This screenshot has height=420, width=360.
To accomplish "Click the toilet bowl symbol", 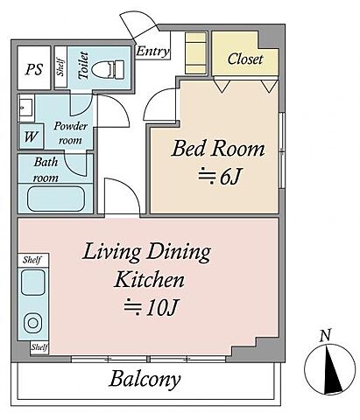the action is [108, 69].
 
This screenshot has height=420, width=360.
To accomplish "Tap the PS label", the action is [34, 69].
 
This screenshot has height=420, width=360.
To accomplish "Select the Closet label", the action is [244, 59].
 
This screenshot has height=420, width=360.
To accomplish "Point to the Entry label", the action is [152, 52].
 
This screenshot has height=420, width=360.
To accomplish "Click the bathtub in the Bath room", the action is [56, 199].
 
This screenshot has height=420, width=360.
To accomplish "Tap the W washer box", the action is [31, 136].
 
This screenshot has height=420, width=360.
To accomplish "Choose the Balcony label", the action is [145, 379].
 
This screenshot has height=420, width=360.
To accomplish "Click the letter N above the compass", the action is [325, 335].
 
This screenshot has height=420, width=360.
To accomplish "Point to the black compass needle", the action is [333, 368].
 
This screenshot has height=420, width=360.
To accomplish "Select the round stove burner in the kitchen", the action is [32, 323].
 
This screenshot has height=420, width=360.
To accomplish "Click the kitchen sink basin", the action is [33, 283].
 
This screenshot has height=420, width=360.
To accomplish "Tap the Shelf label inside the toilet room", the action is [60, 67].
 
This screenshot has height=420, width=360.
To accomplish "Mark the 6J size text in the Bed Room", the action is [220, 177].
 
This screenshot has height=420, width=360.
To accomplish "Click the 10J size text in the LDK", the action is [151, 307].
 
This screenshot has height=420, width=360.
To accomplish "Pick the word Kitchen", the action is [150, 279].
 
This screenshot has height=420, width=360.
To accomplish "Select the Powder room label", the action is [71, 133].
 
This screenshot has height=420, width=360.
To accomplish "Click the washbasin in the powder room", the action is [25, 108].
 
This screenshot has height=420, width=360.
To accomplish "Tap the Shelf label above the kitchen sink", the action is [32, 260].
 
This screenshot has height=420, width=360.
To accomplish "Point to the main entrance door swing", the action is [139, 24].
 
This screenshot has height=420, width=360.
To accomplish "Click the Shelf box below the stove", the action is [39, 347].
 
